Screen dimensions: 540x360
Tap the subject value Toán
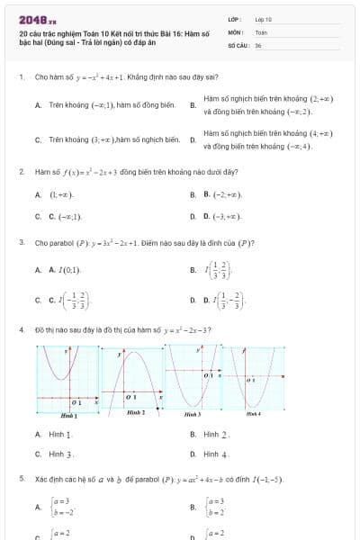[x=261, y=31]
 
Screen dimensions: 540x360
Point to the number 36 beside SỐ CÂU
[x=258, y=44]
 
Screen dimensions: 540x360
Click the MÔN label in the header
[x=235, y=31]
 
